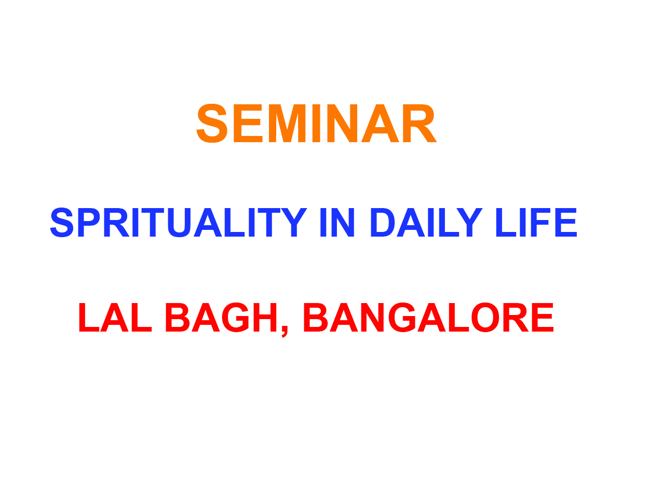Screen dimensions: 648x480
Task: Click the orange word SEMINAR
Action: pos(316,123)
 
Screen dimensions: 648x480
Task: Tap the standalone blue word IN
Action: pos(337,223)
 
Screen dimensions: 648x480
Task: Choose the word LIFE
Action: pos(536,223)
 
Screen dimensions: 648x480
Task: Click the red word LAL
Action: pos(115,317)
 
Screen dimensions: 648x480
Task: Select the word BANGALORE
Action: pos(428,317)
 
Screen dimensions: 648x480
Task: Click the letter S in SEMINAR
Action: pos(212,123)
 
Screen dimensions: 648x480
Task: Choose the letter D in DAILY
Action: pos(383,223)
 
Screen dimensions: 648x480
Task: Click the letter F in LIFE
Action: pos(539,223)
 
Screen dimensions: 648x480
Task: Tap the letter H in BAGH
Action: pos(265,317)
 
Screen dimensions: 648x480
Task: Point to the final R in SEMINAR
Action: pos(420,123)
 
